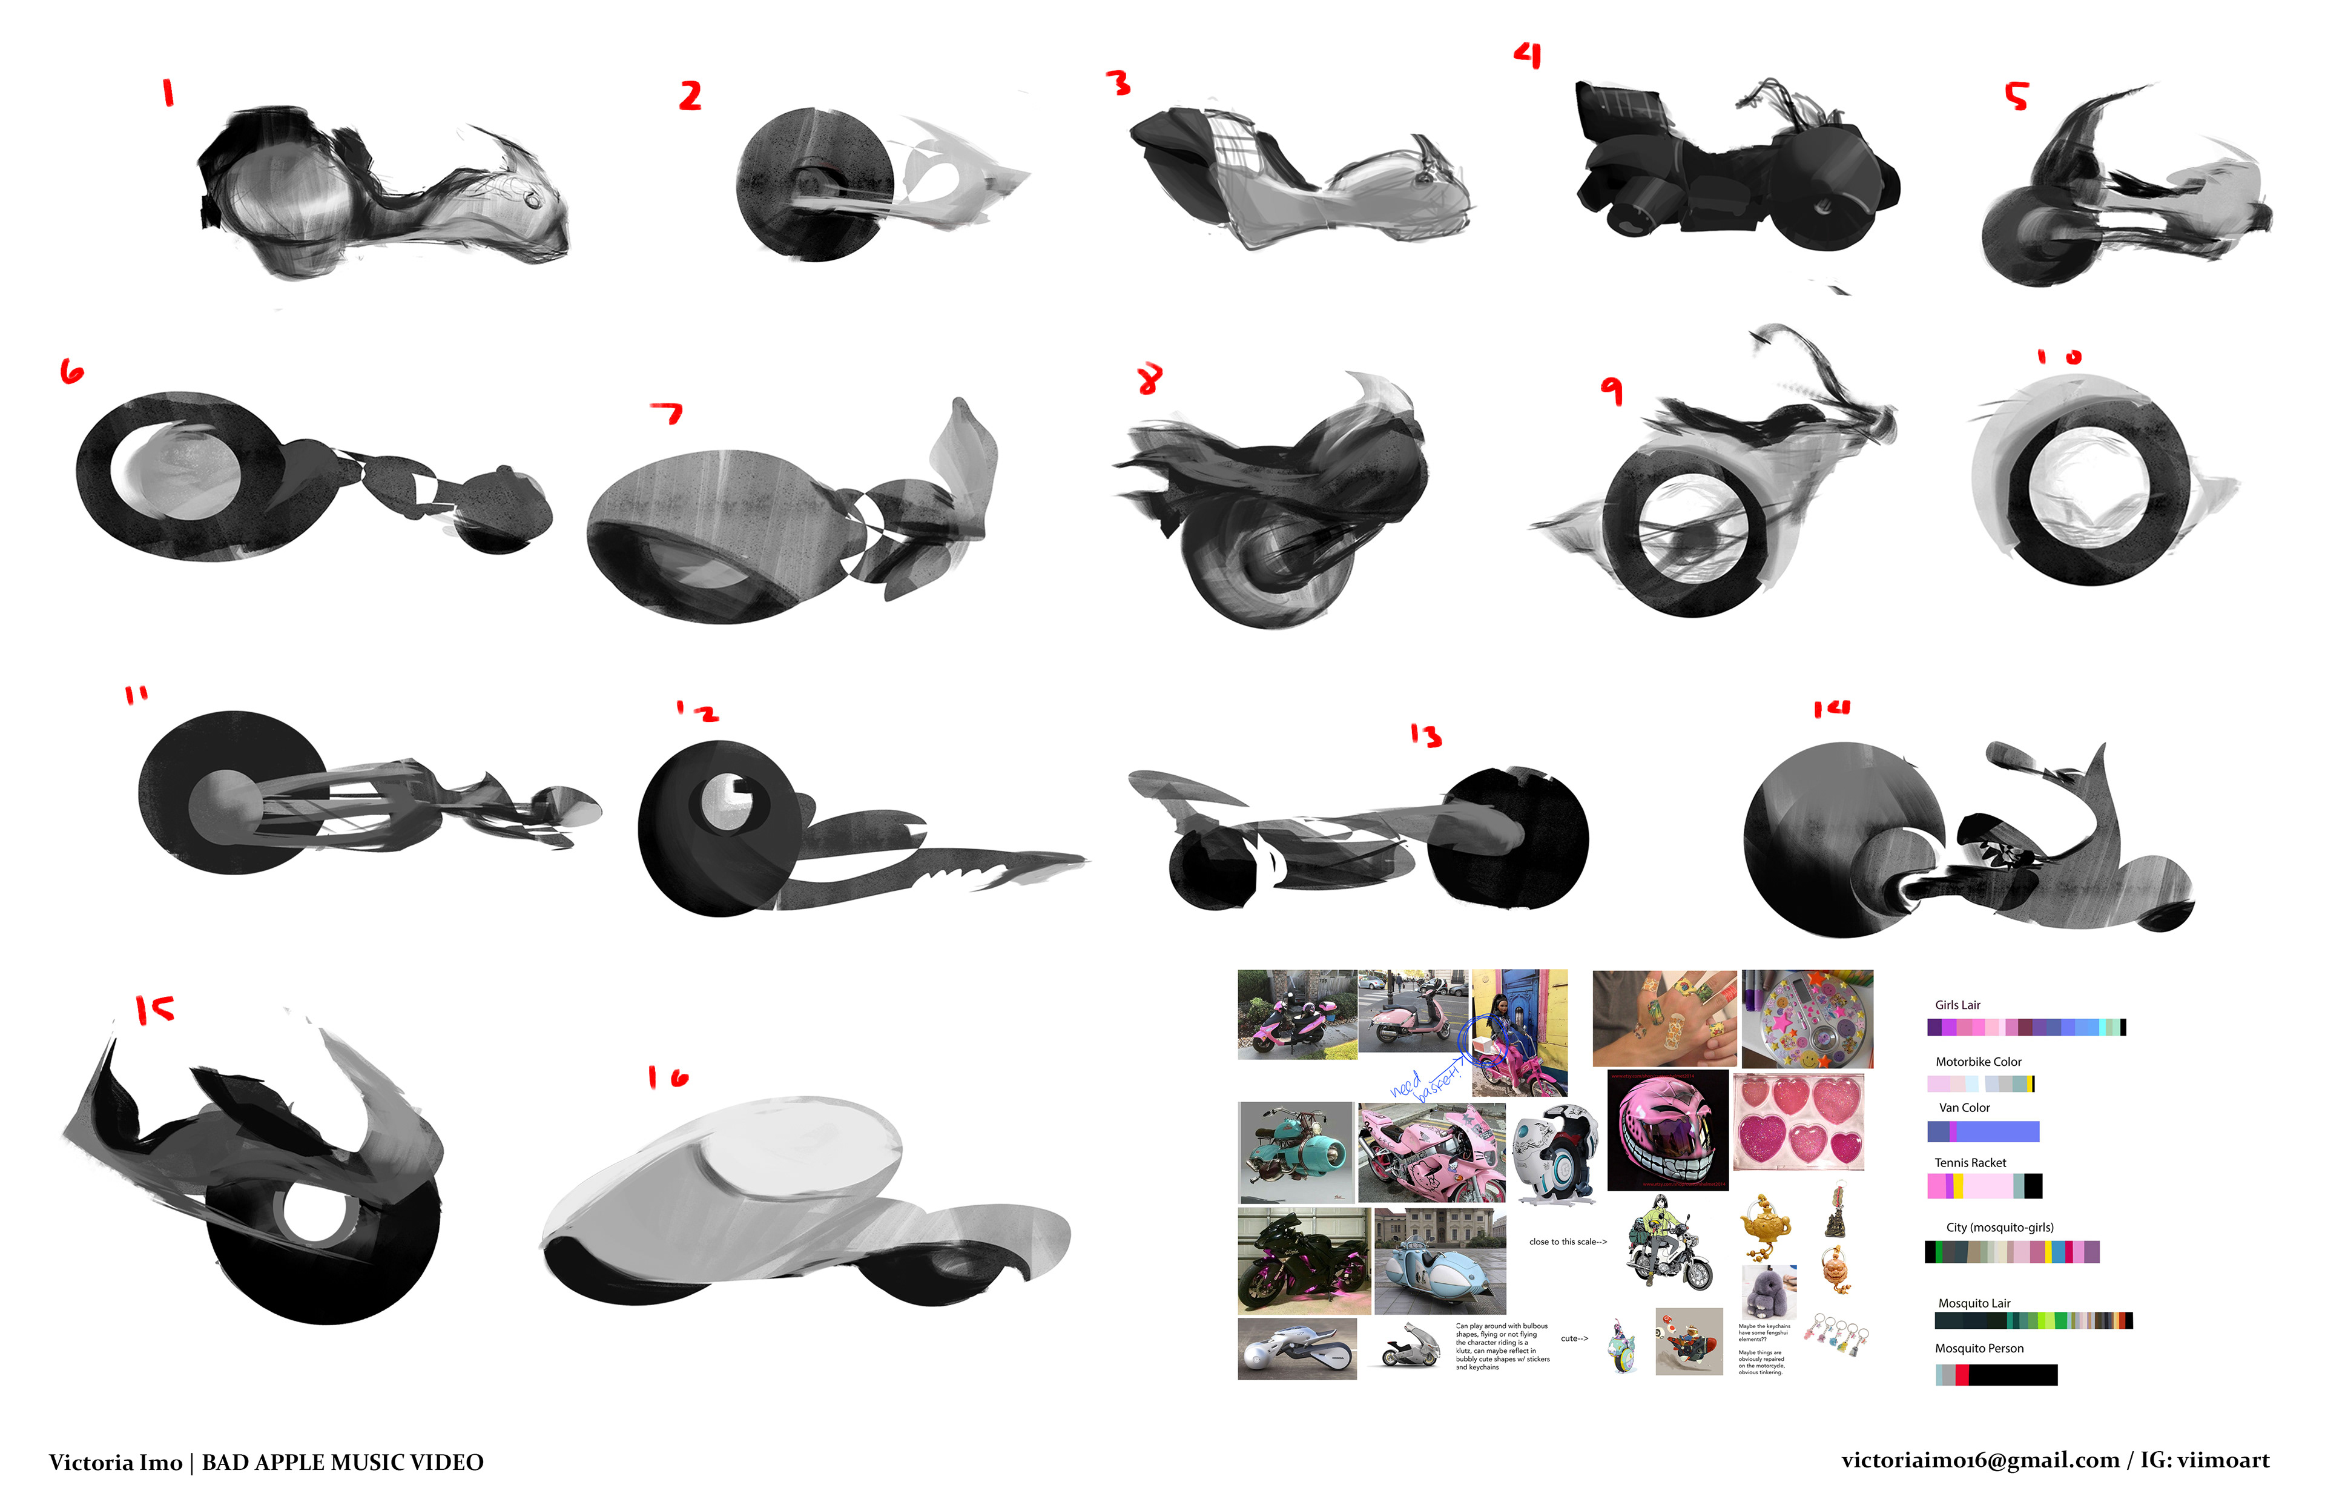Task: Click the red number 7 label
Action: (668, 414)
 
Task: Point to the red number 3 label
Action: (1118, 83)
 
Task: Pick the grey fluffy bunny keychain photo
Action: (1768, 1290)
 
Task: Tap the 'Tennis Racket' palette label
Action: (1970, 1162)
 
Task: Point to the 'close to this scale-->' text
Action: (1567, 1241)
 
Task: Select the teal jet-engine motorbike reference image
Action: (1294, 1151)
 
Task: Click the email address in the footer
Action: (1979, 1460)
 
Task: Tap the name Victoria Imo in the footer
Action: (115, 1462)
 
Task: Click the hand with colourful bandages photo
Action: (1664, 1017)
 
